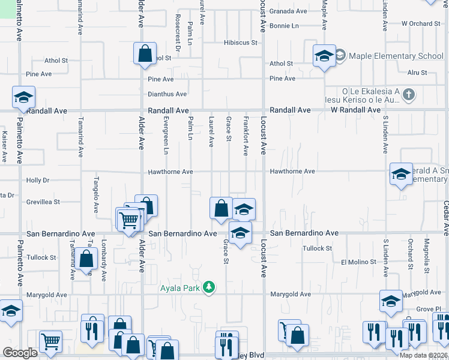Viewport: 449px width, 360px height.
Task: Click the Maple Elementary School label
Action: coord(396,56)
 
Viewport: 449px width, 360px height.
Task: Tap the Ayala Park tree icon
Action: coord(209,287)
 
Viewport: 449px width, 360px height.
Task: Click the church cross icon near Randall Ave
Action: coord(408,94)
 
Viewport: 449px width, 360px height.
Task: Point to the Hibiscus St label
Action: coord(240,43)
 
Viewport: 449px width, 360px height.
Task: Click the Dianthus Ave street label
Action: coord(167,94)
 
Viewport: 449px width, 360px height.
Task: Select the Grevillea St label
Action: coord(43,202)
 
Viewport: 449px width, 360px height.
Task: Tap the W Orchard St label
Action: coord(421,24)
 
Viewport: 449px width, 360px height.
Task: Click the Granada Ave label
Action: coord(288,11)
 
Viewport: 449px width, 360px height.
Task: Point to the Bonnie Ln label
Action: coord(284,26)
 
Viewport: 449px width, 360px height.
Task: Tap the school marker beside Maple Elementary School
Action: coord(324,56)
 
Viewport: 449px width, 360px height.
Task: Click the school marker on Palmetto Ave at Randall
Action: coord(24,97)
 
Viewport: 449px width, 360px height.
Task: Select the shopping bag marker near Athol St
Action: coord(145,54)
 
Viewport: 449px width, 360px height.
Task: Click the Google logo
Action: coord(20,353)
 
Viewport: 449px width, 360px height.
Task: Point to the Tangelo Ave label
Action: coord(95,195)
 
